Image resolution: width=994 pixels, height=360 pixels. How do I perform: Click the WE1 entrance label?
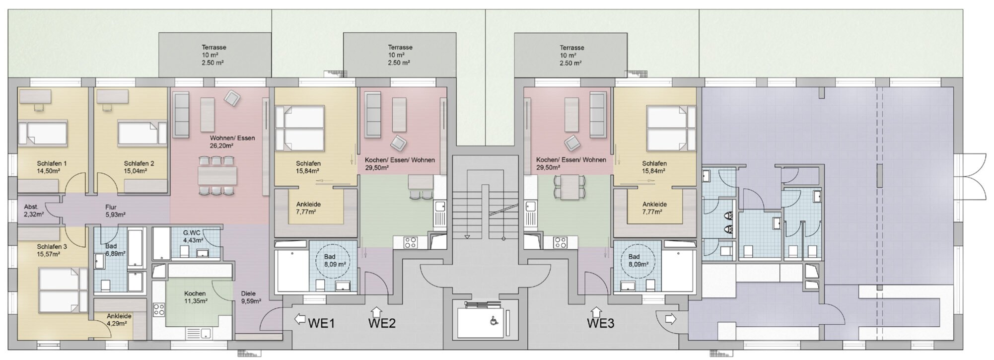click(x=321, y=323)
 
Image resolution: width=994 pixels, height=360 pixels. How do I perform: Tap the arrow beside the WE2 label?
click(x=376, y=311)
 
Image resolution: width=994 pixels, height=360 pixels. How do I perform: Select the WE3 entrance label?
click(x=600, y=324)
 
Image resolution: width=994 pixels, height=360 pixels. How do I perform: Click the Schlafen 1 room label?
click(x=52, y=163)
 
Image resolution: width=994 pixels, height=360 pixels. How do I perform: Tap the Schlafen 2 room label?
click(x=139, y=163)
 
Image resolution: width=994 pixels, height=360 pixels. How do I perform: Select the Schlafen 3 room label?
click(x=52, y=247)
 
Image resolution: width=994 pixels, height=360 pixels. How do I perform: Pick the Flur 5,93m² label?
click(x=115, y=211)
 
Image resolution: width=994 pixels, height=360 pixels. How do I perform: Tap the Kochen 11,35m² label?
click(x=195, y=297)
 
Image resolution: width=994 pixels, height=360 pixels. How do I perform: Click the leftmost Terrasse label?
click(x=214, y=48)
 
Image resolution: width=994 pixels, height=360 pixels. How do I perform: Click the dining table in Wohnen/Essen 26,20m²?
click(x=217, y=175)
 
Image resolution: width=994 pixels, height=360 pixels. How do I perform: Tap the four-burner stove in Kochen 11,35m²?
click(x=159, y=311)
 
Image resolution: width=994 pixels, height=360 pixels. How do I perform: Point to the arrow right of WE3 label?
click(x=670, y=319)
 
